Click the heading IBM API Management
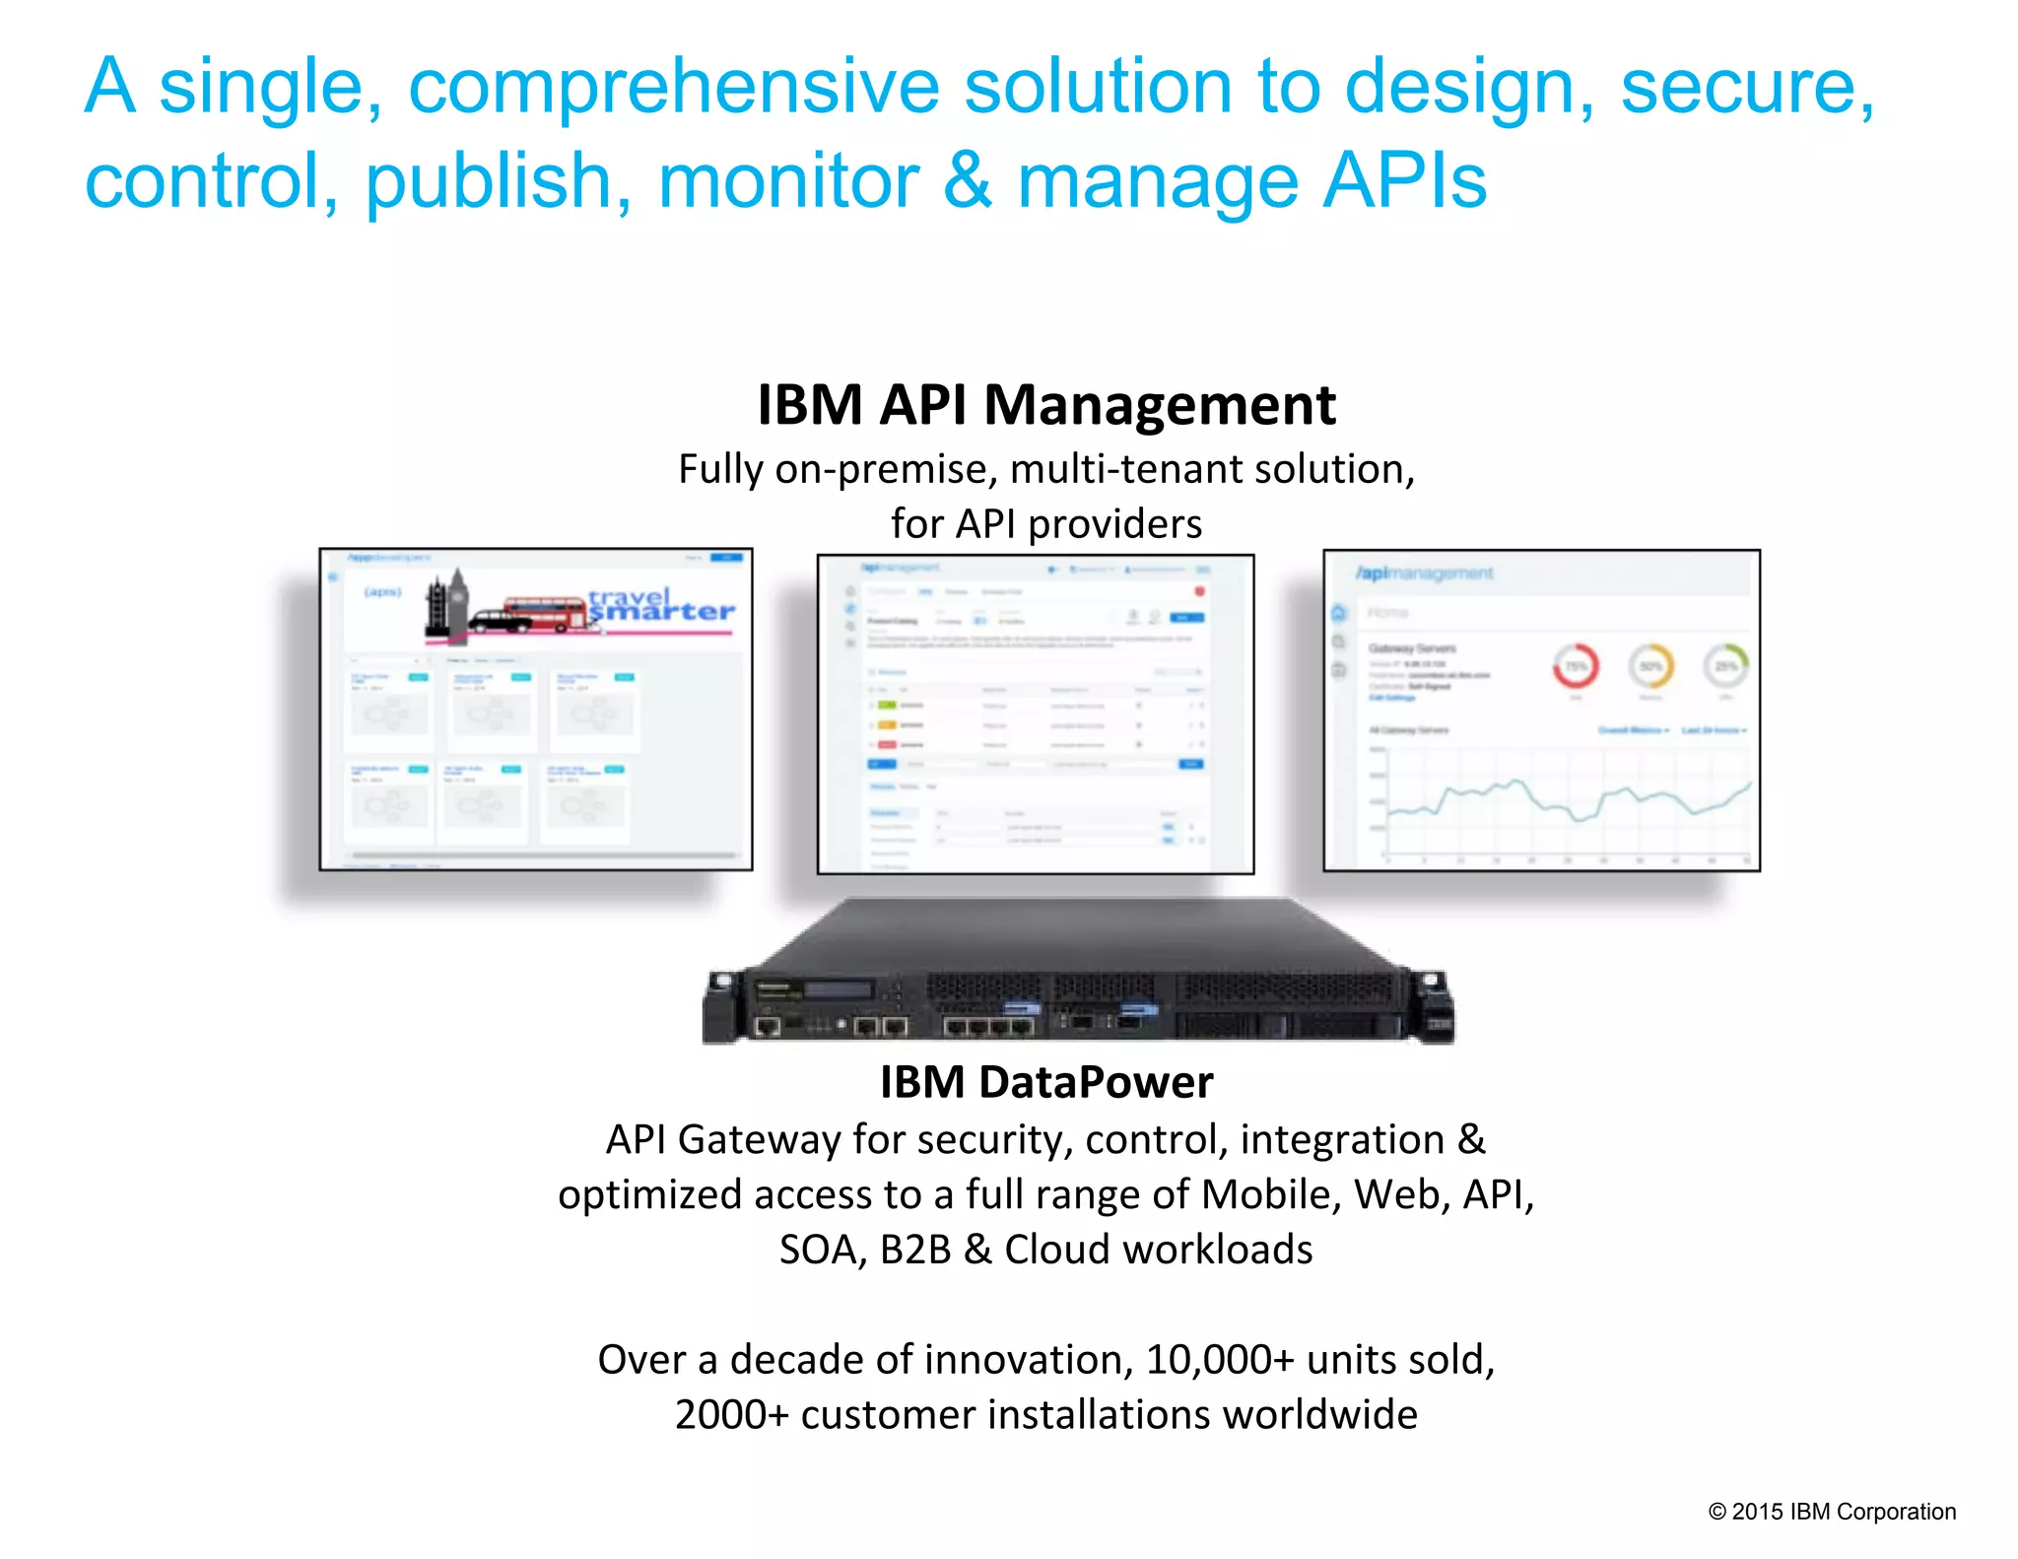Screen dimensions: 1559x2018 (x=1045, y=405)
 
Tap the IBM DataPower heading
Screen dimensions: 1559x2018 (x=1045, y=1082)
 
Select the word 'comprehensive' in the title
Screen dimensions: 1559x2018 (x=674, y=87)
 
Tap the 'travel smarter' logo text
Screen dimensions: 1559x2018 (x=661, y=605)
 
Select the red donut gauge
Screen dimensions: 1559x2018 (x=1576, y=667)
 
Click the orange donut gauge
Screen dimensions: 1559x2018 (x=1650, y=667)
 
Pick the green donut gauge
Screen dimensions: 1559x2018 (x=1725, y=666)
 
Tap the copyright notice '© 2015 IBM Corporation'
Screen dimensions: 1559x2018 (x=1832, y=1512)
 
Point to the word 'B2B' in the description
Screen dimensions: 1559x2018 (x=915, y=1250)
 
